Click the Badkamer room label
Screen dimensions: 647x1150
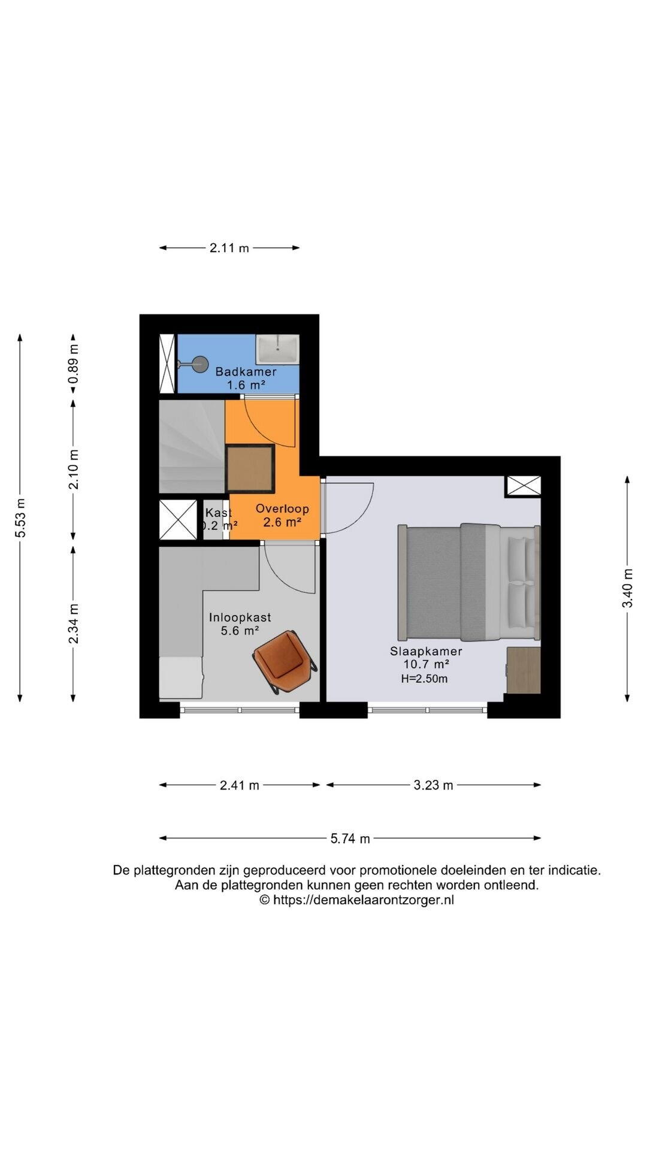coord(246,371)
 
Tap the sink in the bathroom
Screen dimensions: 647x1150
coord(277,349)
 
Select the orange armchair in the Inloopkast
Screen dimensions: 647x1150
coord(285,662)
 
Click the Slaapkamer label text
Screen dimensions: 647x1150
coord(426,651)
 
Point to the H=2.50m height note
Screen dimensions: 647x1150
coord(425,679)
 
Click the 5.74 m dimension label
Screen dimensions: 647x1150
coord(350,839)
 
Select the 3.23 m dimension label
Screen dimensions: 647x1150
coord(434,785)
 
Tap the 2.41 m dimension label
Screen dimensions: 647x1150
coord(240,785)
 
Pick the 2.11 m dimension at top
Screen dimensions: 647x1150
coord(229,248)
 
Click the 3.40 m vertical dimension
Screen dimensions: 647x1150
coord(627,588)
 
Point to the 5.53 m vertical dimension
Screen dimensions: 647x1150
coord(20,517)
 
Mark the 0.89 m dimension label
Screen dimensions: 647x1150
coord(73,365)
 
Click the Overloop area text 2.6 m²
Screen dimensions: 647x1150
coord(282,522)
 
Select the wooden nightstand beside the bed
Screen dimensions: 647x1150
coord(524,670)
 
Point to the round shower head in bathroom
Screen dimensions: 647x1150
coord(200,363)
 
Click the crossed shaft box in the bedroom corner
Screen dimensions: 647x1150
coord(524,486)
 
